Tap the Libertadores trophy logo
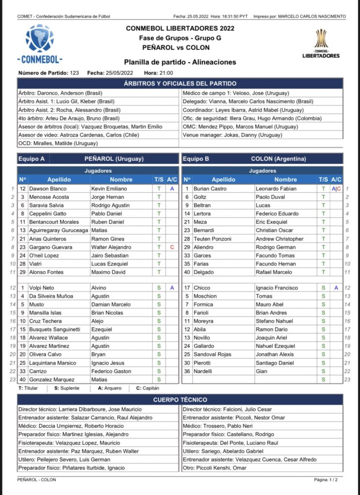(321, 43)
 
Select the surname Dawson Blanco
(48, 189)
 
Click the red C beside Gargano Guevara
(172, 247)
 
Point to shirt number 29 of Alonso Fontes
(22, 272)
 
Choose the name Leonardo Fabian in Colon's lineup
(276, 189)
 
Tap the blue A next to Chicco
(336, 288)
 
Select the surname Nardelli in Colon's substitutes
(203, 371)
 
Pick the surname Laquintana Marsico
(55, 363)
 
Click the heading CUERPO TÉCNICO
(180, 400)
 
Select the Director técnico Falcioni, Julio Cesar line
(227, 409)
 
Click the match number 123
(74, 73)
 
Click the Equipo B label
(193, 159)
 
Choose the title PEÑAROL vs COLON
(180, 48)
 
